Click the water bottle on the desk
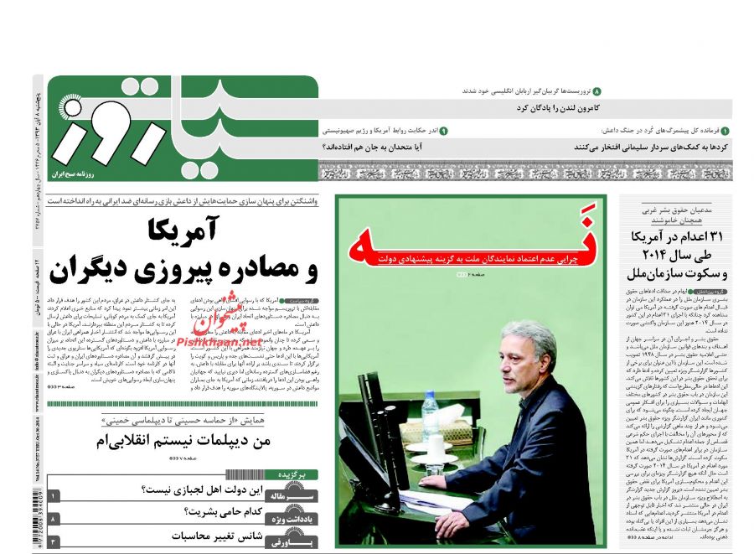click(430, 417)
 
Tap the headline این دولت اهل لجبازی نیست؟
click(209, 490)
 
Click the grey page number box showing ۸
click(54, 520)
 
